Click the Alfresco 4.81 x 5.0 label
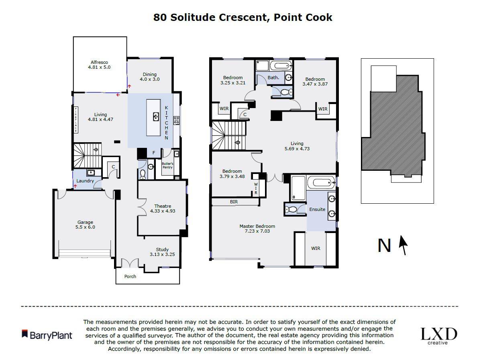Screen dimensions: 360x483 coord(99,65)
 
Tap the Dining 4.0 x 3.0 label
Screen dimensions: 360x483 coord(149,77)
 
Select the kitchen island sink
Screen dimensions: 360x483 coord(156,117)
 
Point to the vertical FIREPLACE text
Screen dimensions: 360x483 coord(75,119)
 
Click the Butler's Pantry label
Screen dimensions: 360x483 coord(167,165)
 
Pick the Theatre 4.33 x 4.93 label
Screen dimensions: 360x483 coord(162,208)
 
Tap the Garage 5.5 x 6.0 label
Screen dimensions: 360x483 coord(85,224)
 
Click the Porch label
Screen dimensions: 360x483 coord(130,276)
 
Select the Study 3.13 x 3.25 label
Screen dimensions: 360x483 coord(162,252)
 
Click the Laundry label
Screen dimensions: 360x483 coord(85,181)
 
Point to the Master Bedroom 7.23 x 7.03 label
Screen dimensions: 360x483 coord(257,229)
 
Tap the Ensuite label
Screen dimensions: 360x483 coord(317,209)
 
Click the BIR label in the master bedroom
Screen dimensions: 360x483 coord(234,202)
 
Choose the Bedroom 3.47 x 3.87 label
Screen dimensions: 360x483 coord(315,82)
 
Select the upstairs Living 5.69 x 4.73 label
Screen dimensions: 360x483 coord(297,146)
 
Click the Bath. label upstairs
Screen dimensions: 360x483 coord(273,78)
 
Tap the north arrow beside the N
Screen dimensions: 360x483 coord(404,245)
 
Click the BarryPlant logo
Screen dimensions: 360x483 coord(47,335)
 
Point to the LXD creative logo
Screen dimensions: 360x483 coord(438,336)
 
